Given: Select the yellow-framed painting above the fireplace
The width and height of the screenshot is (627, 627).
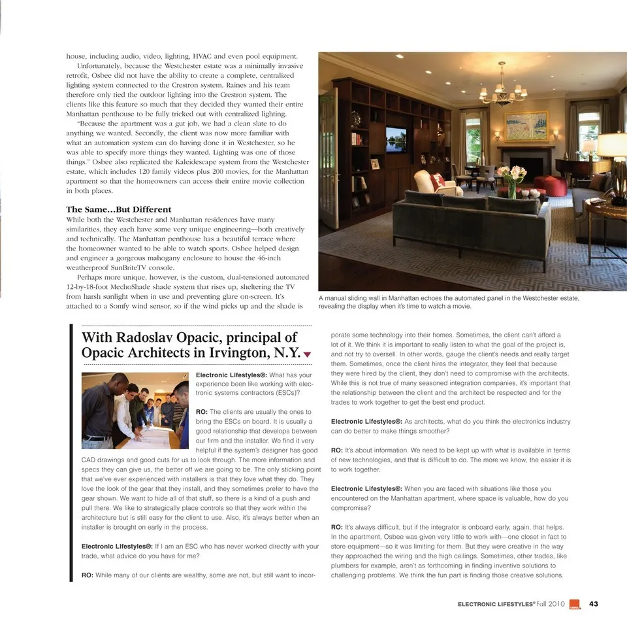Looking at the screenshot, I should click(526, 126).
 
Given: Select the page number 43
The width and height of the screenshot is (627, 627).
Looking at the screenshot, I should click(593, 603).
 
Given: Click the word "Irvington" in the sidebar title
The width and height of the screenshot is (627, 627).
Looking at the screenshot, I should click(231, 353).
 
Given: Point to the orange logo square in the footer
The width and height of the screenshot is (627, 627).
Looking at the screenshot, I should click(574, 603).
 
